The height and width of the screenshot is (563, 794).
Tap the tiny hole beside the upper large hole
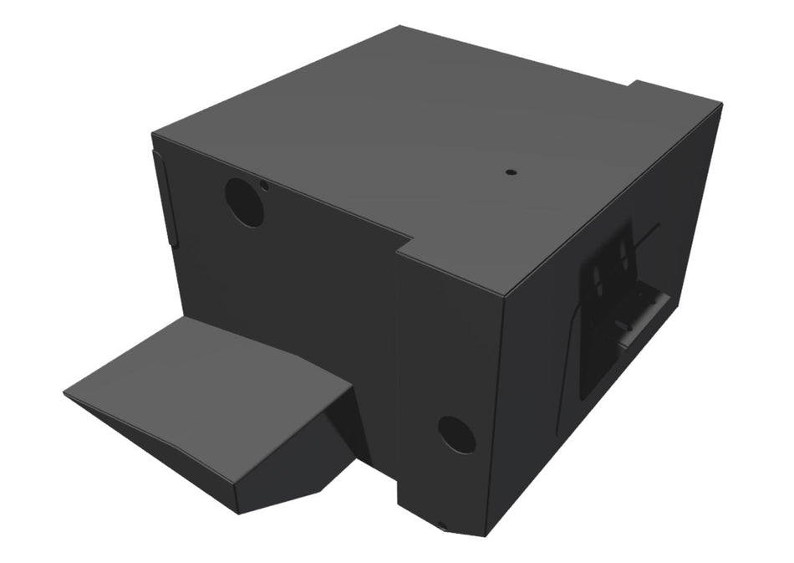(264, 185)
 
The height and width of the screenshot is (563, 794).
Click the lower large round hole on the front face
(456, 434)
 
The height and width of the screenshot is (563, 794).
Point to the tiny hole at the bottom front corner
(442, 526)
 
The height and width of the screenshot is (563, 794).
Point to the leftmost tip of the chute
(65, 392)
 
